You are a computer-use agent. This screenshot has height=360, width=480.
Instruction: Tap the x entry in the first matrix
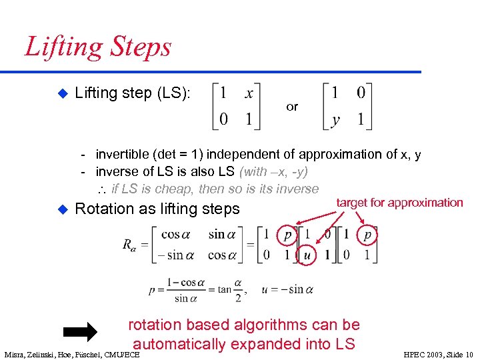(249, 93)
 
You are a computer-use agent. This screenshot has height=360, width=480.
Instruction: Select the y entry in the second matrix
(335, 120)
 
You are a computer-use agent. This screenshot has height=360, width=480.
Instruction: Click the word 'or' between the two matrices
(292, 107)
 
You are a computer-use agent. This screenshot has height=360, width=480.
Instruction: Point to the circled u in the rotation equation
(307, 255)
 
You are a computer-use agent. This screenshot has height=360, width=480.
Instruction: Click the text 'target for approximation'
(399, 202)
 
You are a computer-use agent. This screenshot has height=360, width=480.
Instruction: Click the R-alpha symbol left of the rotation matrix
(129, 245)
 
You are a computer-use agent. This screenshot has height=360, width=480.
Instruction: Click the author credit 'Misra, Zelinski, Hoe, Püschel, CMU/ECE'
(72, 354)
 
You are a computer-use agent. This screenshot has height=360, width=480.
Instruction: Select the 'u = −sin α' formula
(288, 289)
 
